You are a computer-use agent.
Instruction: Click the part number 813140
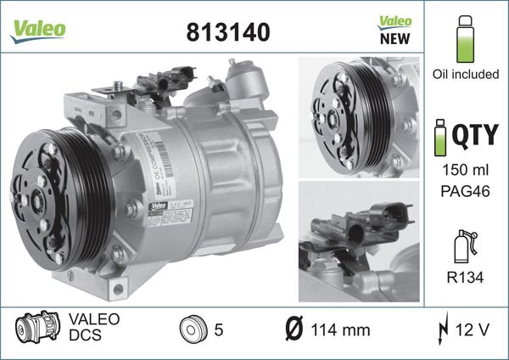pos(227,31)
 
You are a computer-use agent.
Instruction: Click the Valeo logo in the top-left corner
pos(37,27)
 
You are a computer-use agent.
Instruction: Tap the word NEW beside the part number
pos(394,38)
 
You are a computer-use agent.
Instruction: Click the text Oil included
pos(464,75)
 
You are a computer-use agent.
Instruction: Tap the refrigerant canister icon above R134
pos(464,245)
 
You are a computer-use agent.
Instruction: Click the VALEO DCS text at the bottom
pos(93,329)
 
